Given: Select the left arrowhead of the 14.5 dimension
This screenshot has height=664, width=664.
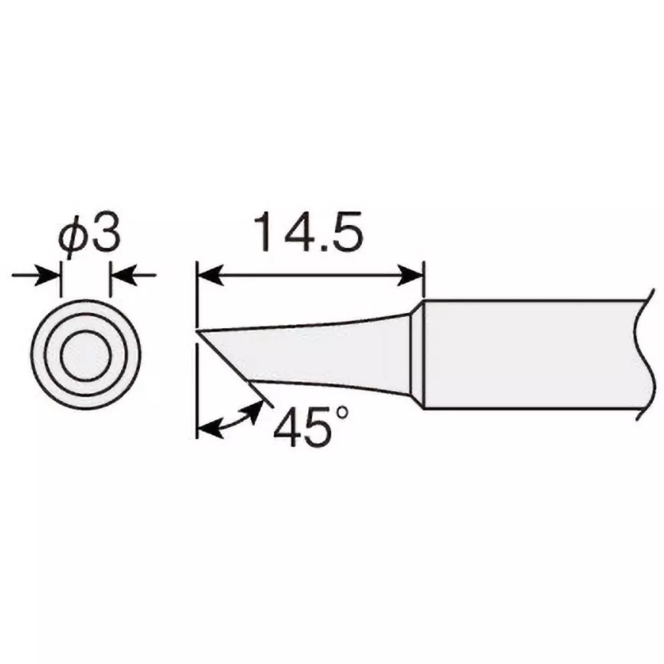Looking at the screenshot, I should [x=208, y=273].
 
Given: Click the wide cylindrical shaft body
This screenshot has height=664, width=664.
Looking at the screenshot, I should [x=528, y=354].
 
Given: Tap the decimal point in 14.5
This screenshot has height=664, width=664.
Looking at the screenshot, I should [x=319, y=249].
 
